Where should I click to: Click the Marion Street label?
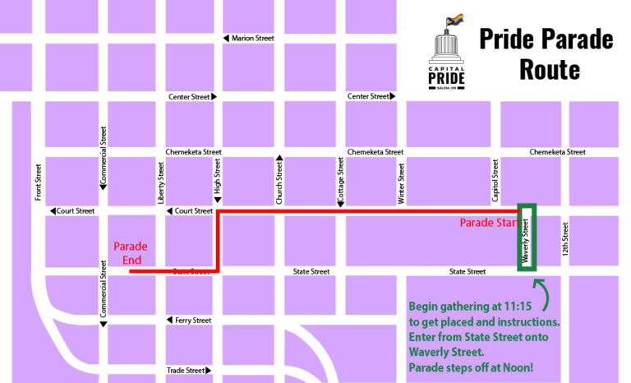[254, 39]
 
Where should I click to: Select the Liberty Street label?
[161, 182]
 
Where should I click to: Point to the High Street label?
[218, 178]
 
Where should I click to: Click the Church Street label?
[279, 182]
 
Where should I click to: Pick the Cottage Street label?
[340, 182]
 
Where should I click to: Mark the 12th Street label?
[566, 239]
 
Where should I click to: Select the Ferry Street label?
[193, 321]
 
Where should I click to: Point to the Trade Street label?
[187, 371]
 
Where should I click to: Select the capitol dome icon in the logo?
[447, 47]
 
